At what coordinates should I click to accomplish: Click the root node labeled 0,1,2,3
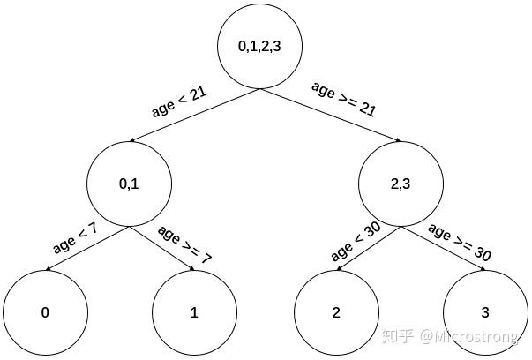[x=259, y=48]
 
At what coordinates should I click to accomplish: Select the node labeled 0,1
[x=129, y=184]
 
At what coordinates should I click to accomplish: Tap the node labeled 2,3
[x=401, y=184]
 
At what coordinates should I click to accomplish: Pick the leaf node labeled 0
[x=44, y=312]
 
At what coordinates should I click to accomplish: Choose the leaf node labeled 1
[x=194, y=312]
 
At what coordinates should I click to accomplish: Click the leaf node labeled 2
[x=335, y=312]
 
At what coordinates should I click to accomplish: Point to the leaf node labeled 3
[x=484, y=312]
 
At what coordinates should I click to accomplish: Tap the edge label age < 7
[x=75, y=237]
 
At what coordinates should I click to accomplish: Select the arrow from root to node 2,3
[x=331, y=116]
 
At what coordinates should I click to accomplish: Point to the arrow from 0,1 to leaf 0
[x=88, y=249]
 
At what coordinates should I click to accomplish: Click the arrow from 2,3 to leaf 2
[x=370, y=248]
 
